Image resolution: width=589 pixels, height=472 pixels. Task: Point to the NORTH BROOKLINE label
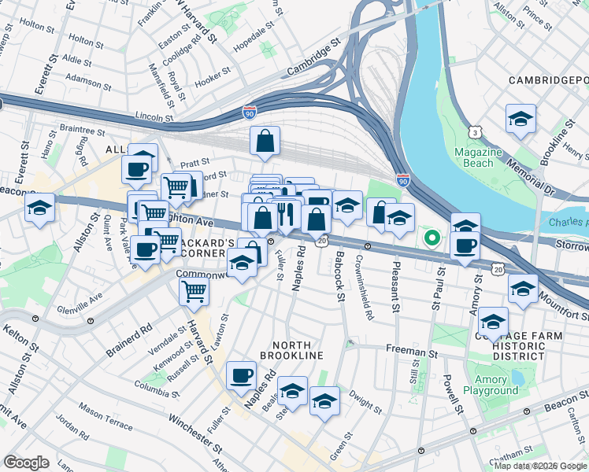[298, 351]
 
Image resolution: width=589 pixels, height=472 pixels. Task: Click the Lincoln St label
[154, 116]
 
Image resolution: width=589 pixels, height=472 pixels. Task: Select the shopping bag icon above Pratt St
[265, 142]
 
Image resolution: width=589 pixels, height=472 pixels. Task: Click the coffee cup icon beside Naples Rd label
[241, 375]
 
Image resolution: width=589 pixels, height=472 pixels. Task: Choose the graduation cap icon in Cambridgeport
[520, 120]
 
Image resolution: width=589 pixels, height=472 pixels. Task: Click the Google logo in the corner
[26, 463]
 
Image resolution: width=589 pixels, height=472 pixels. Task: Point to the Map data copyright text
[539, 466]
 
